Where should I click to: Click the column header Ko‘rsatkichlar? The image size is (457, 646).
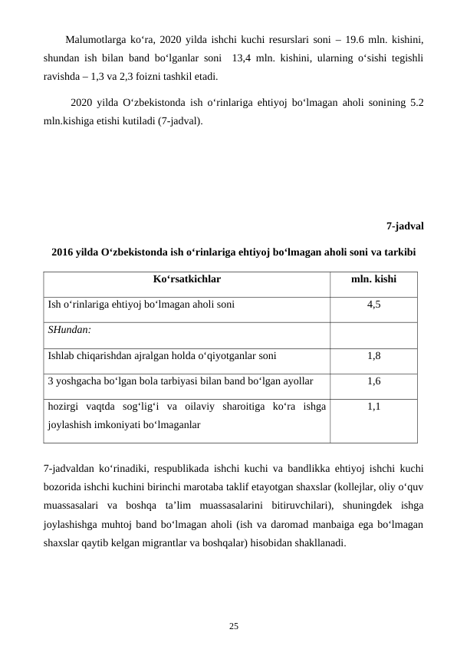point(186,281)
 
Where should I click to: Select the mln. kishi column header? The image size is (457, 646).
point(373,281)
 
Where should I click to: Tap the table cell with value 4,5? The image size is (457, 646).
point(373,305)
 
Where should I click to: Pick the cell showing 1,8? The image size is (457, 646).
point(373,356)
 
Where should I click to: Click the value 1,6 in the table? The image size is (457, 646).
point(373,381)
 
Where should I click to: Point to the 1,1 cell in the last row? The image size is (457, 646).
point(373,407)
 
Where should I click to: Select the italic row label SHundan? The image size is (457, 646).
point(69,330)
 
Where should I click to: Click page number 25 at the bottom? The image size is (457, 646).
point(233,627)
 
